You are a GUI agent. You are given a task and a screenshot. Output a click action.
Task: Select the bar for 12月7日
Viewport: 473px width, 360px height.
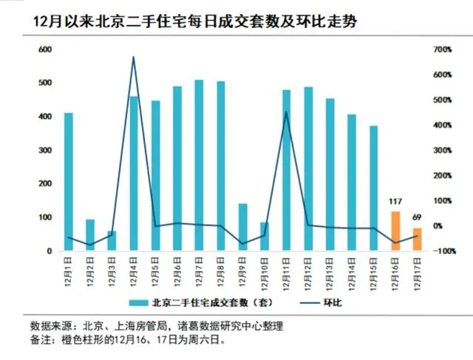click(x=199, y=166)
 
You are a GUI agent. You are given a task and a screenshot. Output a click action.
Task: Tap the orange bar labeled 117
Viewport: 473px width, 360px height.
click(x=395, y=231)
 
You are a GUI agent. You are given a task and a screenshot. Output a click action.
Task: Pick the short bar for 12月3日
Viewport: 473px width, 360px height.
click(x=112, y=242)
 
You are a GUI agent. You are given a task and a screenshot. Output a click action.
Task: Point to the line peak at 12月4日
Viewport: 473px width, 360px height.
click(x=133, y=57)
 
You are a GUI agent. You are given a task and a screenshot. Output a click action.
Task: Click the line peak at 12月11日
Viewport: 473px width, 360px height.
click(x=286, y=112)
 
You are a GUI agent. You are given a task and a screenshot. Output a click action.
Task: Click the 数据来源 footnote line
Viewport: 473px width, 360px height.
click(x=156, y=326)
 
